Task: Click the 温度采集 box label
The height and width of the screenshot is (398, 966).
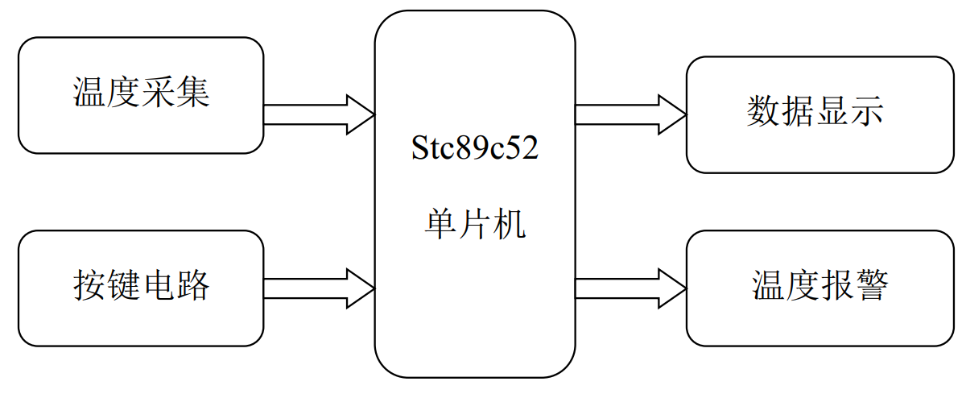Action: point(141,92)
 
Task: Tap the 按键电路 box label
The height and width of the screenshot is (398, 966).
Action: point(141,285)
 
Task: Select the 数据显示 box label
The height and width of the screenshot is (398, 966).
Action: point(815,111)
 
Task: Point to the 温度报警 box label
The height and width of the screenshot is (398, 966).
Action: point(819,285)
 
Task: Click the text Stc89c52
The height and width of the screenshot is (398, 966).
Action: point(475,147)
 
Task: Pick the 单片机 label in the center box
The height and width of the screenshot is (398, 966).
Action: point(475,224)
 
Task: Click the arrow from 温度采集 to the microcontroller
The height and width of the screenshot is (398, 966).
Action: point(319,115)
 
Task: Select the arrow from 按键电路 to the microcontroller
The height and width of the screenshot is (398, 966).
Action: point(319,288)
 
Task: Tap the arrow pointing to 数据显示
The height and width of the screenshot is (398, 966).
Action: point(631,115)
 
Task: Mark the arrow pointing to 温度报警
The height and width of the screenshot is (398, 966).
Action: point(631,288)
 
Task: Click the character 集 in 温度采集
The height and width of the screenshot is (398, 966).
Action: point(192,92)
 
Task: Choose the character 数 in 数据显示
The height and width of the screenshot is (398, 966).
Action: point(764,111)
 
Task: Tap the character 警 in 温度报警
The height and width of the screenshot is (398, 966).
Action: point(872,285)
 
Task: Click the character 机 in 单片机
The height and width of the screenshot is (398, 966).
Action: point(510,224)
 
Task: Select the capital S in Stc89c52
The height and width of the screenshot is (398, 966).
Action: point(419,147)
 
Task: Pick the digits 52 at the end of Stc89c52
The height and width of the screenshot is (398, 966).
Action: point(523,147)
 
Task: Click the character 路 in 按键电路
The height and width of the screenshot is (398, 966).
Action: point(192,285)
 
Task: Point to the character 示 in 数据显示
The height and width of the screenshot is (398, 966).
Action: point(867,111)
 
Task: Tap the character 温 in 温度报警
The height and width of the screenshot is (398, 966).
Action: point(769,285)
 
